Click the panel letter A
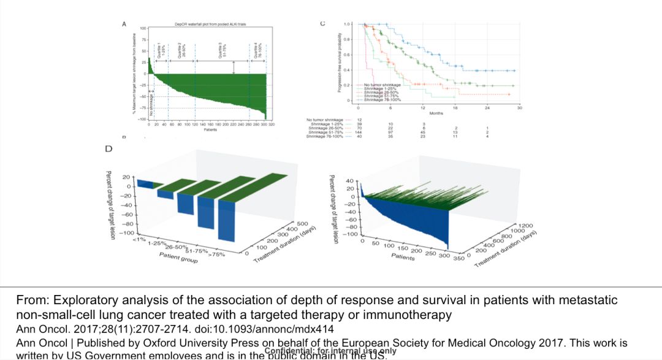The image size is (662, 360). point(124,24)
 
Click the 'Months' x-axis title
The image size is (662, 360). point(436,113)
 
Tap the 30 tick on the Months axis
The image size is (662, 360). point(519,107)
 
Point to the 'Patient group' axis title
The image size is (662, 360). point(179,257)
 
